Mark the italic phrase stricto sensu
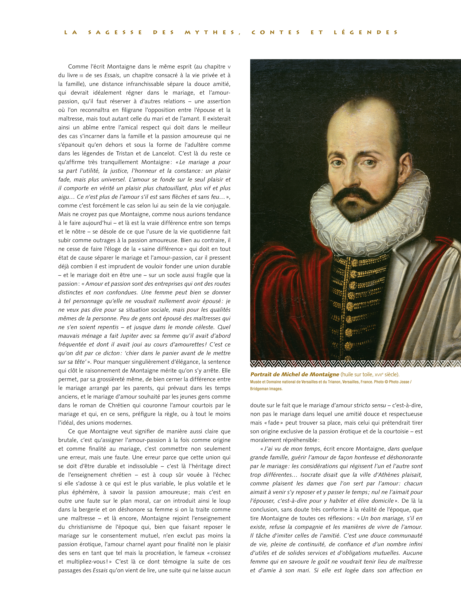370,406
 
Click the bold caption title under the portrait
295,374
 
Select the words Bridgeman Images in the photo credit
266,389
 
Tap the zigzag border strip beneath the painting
355,363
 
